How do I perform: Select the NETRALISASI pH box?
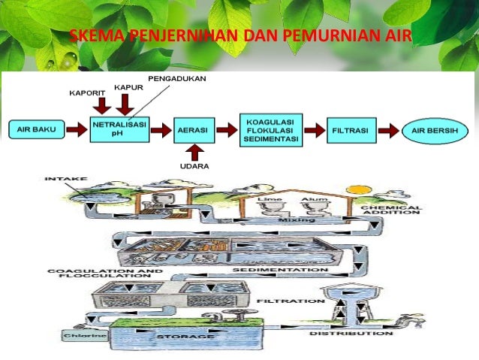pos(119,129)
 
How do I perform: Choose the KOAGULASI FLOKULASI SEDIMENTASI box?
pos(270,129)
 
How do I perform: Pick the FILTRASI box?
pos(350,130)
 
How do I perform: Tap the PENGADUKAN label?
pos(177,78)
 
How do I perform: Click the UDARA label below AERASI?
pos(194,165)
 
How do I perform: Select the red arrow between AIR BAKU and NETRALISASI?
pos(76,130)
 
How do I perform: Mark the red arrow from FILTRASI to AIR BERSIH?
pos(387,130)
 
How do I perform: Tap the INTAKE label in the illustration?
pos(66,180)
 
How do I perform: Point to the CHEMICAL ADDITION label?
pos(390,210)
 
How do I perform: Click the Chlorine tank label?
pos(78,336)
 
